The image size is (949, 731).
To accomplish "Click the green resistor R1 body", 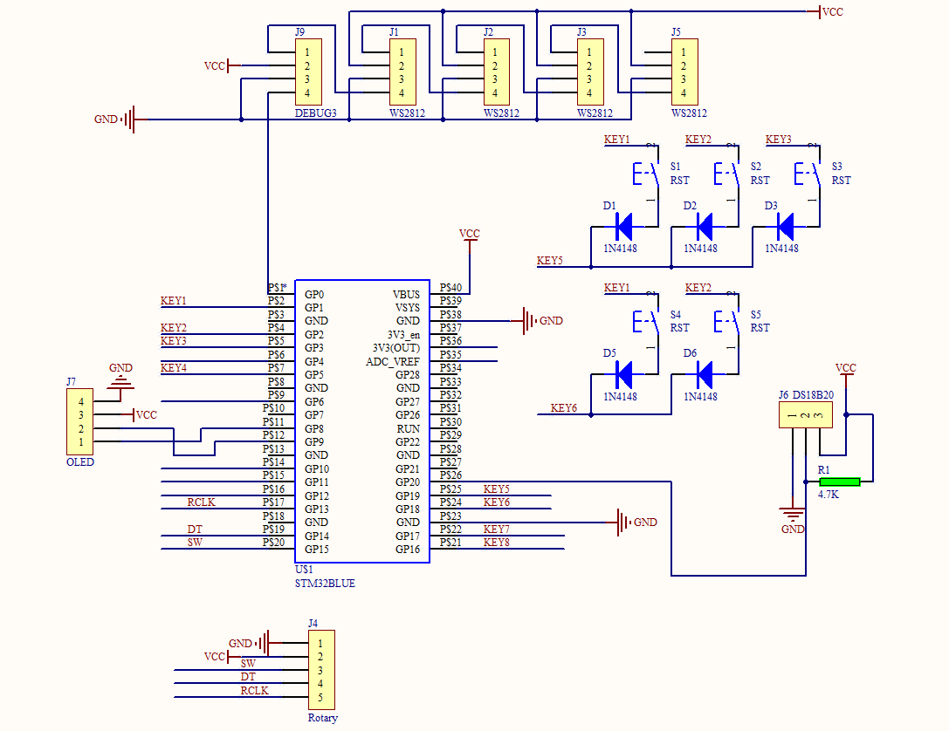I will [x=840, y=482].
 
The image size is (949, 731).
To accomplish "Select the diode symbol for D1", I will [x=623, y=228].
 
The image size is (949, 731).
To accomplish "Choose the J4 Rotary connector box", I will [x=320, y=670].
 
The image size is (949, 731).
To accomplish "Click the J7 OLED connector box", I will [x=81, y=422].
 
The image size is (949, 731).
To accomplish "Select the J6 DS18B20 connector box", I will [x=805, y=414].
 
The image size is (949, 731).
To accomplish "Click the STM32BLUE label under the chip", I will [x=325, y=584].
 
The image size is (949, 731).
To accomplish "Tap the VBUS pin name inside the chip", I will [x=406, y=295].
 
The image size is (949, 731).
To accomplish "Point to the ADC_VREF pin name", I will [x=393, y=361].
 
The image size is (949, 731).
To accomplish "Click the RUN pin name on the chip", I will [x=409, y=428].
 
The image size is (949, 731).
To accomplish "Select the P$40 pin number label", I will [x=451, y=287].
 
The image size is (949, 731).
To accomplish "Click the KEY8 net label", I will [x=497, y=543].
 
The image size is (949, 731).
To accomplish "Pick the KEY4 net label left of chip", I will [x=174, y=368].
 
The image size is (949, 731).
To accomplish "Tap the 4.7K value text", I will [x=829, y=495].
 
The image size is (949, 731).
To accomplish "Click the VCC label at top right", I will [x=833, y=12].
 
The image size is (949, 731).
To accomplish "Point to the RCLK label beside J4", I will [x=255, y=691].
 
